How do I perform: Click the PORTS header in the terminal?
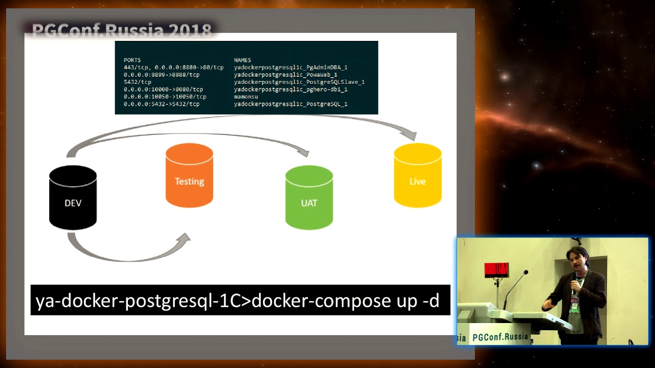pos(132,60)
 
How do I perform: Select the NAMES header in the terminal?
pos(243,60)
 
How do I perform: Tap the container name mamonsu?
pos(246,97)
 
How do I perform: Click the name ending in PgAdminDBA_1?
pos(291,67)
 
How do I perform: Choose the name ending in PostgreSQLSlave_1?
pos(299,82)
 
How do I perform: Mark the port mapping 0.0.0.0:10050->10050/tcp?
pos(165,97)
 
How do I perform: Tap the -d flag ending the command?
pos(431,301)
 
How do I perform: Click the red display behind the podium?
pos(496,269)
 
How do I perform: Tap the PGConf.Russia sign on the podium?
pos(500,337)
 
